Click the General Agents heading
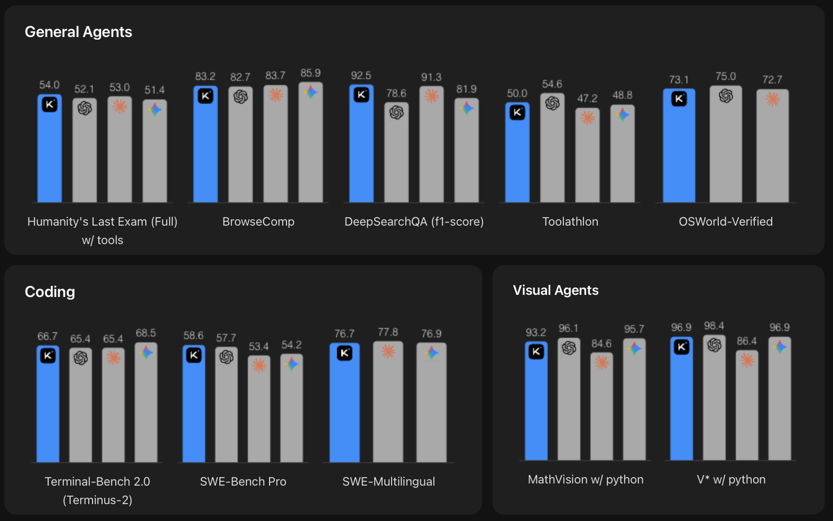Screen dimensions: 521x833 click(78, 32)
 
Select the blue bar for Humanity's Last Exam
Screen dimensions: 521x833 click(49, 153)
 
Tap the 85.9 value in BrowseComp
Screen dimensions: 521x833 click(310, 73)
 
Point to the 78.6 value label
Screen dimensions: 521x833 click(396, 94)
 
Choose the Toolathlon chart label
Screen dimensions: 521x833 click(570, 222)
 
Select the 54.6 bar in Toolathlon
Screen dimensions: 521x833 click(552, 153)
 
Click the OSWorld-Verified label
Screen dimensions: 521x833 click(725, 222)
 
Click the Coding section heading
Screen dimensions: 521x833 click(50, 292)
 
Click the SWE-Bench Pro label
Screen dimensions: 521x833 click(243, 482)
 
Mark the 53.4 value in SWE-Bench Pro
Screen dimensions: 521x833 click(258, 347)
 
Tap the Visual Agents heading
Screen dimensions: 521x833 click(556, 291)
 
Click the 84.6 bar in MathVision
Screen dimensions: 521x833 click(601, 412)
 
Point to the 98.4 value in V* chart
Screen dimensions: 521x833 click(714, 326)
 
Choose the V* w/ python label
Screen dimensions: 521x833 click(731, 480)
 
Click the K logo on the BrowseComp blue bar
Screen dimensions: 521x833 click(206, 96)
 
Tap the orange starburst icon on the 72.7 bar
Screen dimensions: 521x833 click(772, 99)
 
